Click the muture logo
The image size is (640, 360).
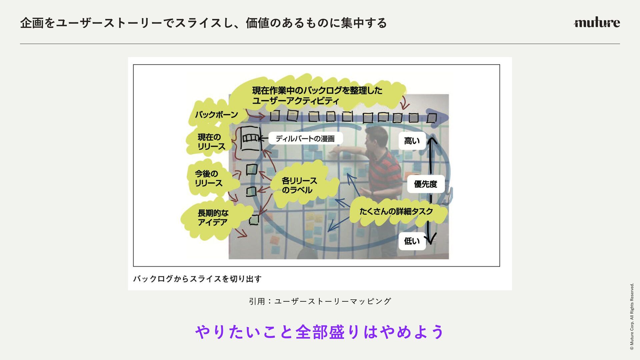tap(597, 22)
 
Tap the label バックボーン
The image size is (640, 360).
tap(216, 115)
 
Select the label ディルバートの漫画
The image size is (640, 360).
tap(305, 139)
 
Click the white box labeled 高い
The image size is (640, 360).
tap(412, 141)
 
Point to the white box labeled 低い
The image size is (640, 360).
tap(412, 241)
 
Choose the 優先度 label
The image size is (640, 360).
tap(425, 184)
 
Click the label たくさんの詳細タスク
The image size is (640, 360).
tap(396, 211)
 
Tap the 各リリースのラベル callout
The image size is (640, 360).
tap(299, 185)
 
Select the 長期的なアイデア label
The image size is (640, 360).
tap(213, 217)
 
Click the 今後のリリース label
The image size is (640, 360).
tap(208, 178)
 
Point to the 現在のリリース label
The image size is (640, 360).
tap(211, 142)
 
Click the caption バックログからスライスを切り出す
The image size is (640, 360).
tap(197, 279)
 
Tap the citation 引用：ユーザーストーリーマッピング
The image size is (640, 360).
tap(320, 301)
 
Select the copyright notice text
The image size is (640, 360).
tap(632, 317)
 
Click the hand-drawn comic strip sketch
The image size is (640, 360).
tap(251, 138)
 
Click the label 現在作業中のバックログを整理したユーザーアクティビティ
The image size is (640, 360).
tap(317, 95)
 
